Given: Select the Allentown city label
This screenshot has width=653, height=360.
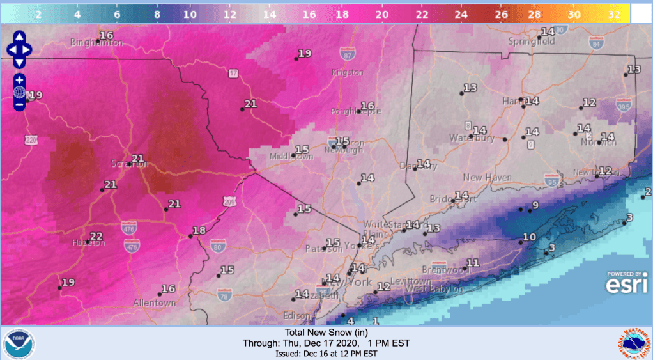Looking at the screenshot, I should tap(154, 302).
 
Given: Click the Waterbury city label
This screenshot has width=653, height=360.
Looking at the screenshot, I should tap(472, 137).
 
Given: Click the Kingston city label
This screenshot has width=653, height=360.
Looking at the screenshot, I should tap(348, 73).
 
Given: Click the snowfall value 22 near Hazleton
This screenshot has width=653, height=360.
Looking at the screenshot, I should tap(96, 236).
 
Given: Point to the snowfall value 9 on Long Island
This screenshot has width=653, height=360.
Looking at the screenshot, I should tap(535, 205).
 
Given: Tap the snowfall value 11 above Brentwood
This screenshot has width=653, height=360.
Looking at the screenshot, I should tap(473, 263).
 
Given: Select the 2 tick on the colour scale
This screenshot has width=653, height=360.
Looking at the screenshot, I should tap(38, 13).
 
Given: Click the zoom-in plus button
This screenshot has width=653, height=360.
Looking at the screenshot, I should tap(19, 80).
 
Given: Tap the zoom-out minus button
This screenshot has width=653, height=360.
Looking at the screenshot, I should tap(19, 104).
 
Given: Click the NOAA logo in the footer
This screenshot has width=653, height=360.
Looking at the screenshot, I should tap(19, 343).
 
